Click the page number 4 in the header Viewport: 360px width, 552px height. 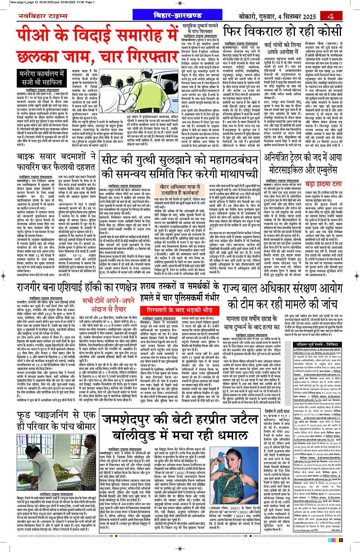[330, 16]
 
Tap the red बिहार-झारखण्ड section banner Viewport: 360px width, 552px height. [178, 16]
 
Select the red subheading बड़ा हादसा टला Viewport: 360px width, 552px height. [323, 184]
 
